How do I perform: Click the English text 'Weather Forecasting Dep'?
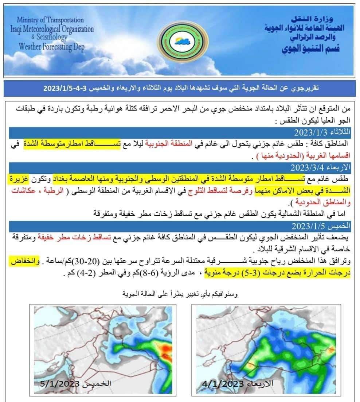[52, 46]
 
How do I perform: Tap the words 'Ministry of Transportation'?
[50, 20]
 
